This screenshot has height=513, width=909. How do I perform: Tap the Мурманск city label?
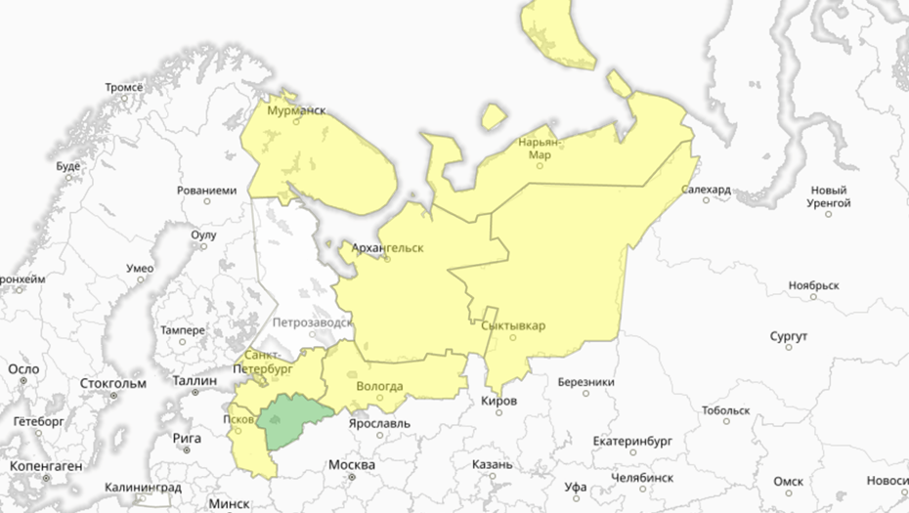click(x=296, y=111)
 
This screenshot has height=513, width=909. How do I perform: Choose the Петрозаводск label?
click(x=312, y=321)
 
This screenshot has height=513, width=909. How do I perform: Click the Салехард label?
click(x=706, y=190)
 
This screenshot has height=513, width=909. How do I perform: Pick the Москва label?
click(x=352, y=464)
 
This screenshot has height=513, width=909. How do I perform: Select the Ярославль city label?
click(x=380, y=423)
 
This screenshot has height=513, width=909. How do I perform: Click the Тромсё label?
click(x=124, y=87)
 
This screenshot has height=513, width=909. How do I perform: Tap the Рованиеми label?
click(x=206, y=190)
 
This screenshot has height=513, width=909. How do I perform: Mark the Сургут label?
click(x=788, y=336)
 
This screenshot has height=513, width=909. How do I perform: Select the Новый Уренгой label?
click(x=829, y=196)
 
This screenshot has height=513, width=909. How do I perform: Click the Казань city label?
click(x=491, y=464)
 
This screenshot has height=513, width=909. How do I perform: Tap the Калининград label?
click(x=143, y=487)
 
